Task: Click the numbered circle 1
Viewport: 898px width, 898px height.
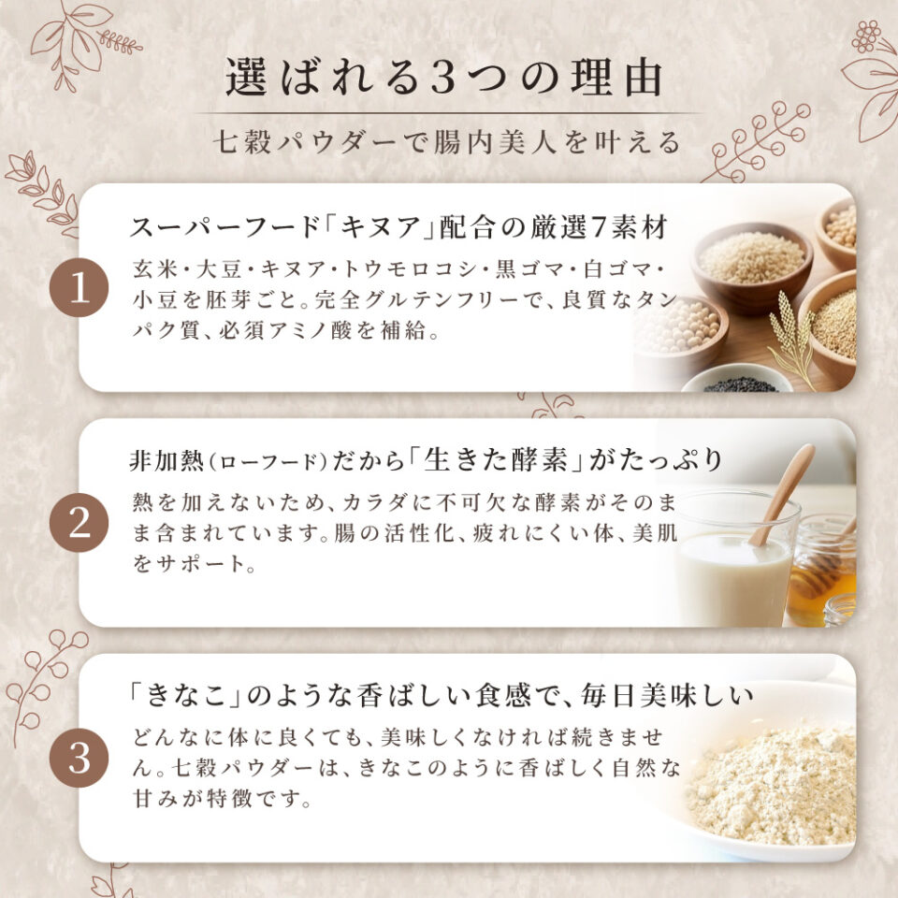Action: [80, 287]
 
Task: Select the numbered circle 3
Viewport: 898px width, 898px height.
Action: [80, 757]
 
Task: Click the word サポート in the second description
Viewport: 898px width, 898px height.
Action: [195, 566]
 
